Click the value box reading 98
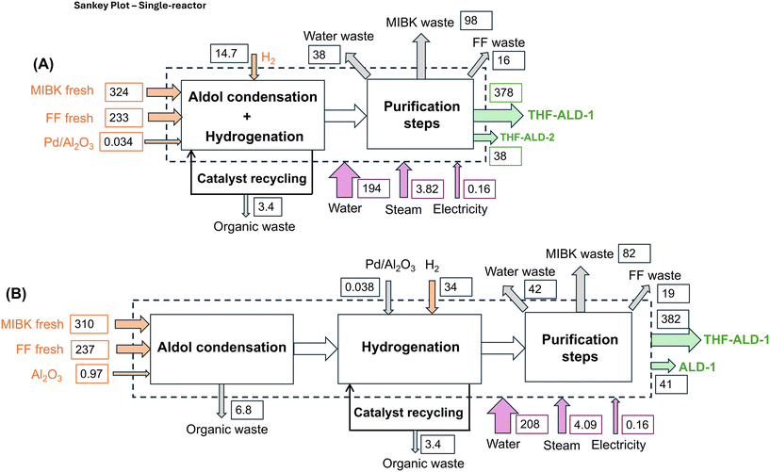(x=478, y=21)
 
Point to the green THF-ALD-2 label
(x=526, y=137)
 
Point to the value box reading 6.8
(x=248, y=409)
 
